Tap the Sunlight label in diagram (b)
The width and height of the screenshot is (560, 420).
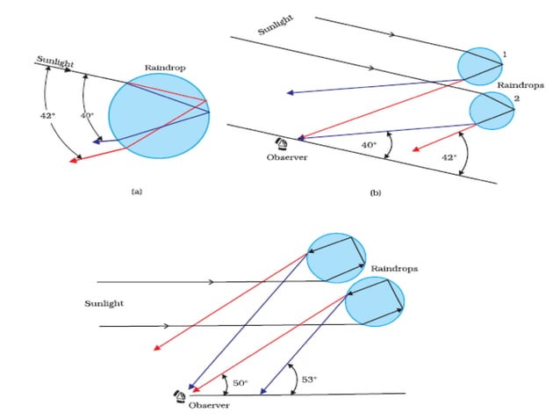click(275, 27)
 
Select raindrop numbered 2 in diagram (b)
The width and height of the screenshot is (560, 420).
click(491, 110)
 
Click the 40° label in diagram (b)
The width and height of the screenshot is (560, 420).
click(369, 146)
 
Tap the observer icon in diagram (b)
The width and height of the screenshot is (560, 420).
click(284, 144)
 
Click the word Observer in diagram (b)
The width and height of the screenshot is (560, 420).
click(285, 158)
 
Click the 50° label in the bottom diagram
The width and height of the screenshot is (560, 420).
click(241, 383)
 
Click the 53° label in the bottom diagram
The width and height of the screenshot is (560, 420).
click(310, 380)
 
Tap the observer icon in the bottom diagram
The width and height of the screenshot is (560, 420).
click(181, 396)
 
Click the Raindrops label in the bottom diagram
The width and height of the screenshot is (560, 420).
click(393, 266)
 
